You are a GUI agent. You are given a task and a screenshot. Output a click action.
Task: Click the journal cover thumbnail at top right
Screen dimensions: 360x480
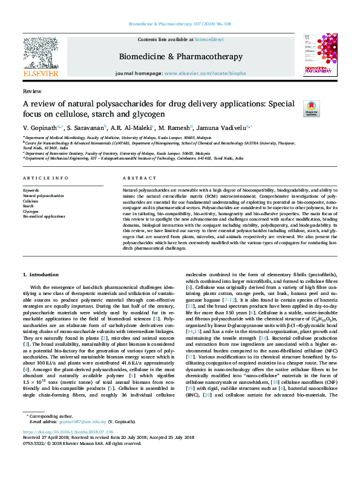click(319, 56)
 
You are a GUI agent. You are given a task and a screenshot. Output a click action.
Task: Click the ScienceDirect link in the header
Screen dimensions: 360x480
click(209, 39)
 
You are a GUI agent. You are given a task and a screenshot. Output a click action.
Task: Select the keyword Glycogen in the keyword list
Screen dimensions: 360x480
click(30, 211)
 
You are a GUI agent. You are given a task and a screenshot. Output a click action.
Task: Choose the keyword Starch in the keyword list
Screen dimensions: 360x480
click(28, 206)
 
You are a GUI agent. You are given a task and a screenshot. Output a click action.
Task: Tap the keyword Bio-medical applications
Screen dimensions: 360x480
click(44, 216)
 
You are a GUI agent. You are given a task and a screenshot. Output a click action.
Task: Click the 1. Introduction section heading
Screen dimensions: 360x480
click(41, 274)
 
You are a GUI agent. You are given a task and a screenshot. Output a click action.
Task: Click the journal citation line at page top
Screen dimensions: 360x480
click(180, 24)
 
